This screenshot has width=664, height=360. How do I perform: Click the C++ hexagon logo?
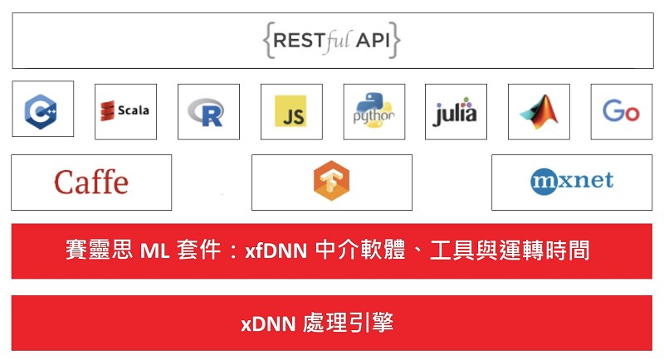[x=41, y=111]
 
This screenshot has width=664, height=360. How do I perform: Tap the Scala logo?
[x=124, y=111]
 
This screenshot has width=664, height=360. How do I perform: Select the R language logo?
[x=206, y=112]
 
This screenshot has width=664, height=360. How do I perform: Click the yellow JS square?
[x=290, y=111]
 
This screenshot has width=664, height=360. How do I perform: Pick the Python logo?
[x=374, y=110]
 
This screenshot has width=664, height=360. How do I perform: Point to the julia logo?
[x=455, y=112]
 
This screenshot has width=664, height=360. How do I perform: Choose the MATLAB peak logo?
[x=539, y=112]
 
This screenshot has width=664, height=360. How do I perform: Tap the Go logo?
[x=621, y=111]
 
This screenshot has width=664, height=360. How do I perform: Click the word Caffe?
[x=91, y=182]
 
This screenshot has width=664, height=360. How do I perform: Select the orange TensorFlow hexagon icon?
[x=331, y=180]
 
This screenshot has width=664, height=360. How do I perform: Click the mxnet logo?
[x=572, y=182]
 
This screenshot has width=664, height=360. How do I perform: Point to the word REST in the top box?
[x=300, y=41]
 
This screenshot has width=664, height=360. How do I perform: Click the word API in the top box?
[x=373, y=41]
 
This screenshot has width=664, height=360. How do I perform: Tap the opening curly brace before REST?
[x=267, y=40]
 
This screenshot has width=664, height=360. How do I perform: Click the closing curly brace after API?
[x=395, y=40]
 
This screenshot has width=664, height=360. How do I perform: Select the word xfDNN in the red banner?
[x=276, y=251]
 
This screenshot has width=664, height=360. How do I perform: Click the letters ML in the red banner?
[x=154, y=251]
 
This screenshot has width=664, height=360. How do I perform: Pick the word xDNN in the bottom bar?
[x=268, y=324]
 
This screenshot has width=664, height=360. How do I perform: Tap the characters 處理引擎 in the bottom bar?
[x=348, y=323]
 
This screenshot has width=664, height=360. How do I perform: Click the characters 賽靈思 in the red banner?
[x=99, y=250]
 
